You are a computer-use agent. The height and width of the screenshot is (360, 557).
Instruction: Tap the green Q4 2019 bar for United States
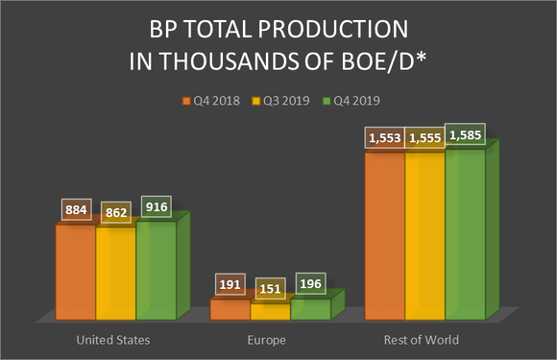click(156, 271)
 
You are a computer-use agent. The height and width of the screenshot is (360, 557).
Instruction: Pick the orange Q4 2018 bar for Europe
click(230, 309)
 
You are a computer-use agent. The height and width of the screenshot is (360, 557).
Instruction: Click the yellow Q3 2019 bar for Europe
click(270, 312)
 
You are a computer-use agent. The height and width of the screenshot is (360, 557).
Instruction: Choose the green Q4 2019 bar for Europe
click(309, 309)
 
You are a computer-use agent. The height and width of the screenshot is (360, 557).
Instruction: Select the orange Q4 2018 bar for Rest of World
click(384, 235)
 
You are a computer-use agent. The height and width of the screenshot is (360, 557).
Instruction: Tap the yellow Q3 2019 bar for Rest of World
click(424, 235)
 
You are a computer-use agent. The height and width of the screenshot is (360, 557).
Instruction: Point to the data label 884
click(75, 209)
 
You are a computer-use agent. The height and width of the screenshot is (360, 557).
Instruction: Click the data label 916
click(156, 206)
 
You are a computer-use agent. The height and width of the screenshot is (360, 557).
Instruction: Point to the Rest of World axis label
click(424, 340)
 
